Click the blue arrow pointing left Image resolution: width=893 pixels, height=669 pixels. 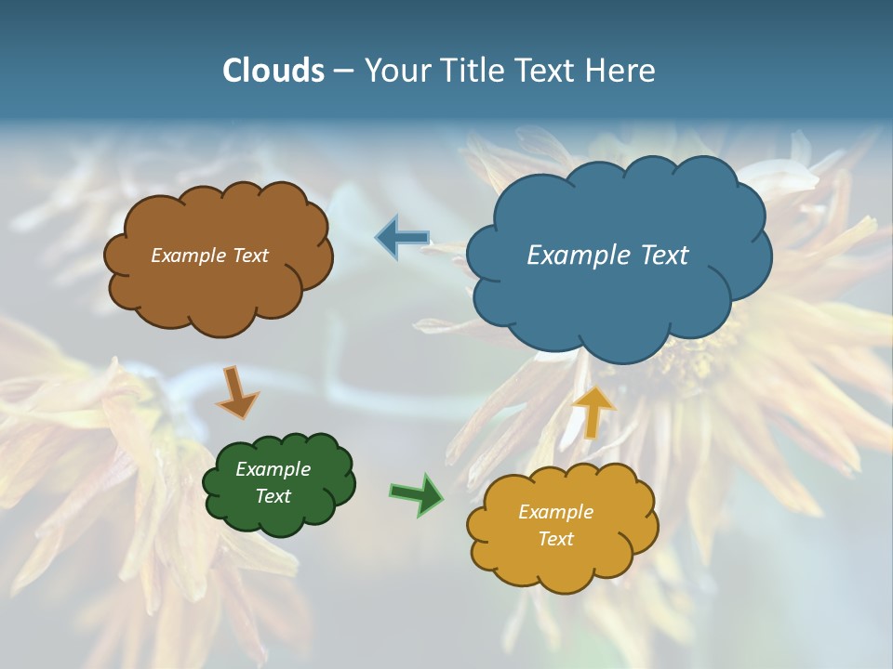pos(402,239)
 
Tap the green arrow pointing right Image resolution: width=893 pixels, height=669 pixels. pos(417,493)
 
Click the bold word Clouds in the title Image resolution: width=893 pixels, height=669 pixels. pos(273,71)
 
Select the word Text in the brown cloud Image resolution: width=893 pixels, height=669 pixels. pos(251,256)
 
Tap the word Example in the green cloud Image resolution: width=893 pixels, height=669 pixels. pos(273,469)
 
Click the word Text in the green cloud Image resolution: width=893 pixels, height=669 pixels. pos(273,496)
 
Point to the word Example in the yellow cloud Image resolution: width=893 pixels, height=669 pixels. pos(555,512)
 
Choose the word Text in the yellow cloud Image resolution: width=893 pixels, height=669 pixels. pos(555,539)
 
